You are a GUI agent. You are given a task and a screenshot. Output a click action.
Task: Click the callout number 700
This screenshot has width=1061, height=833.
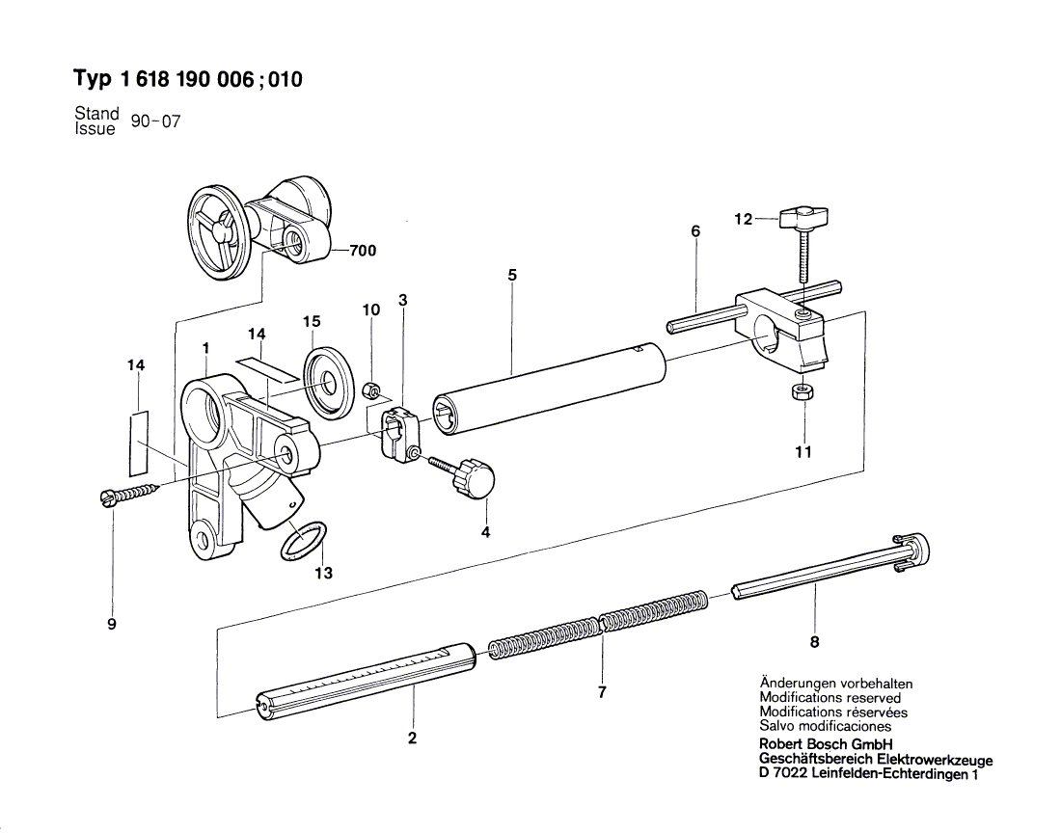pyautogui.click(x=363, y=252)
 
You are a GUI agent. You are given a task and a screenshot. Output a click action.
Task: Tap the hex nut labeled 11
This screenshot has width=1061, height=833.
pyautogui.click(x=800, y=391)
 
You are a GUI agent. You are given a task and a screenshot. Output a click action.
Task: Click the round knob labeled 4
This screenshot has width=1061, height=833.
pyautogui.click(x=476, y=478)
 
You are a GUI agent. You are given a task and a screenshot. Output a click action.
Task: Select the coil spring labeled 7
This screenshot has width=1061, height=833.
pyautogui.click(x=600, y=628)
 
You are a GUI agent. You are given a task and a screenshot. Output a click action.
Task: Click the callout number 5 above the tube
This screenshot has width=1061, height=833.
pyautogui.click(x=512, y=276)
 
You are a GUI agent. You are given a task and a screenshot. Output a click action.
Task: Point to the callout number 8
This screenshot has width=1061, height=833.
pyautogui.click(x=815, y=642)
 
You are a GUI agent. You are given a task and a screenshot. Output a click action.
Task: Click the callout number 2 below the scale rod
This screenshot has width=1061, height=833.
pyautogui.click(x=412, y=739)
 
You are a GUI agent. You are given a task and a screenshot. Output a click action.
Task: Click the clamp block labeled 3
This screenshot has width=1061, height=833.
pyautogui.click(x=398, y=433)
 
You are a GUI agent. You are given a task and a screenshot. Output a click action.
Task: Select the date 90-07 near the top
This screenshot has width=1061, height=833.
pyautogui.click(x=155, y=122)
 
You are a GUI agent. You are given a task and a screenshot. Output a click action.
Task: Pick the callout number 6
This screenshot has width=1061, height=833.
pyautogui.click(x=695, y=231)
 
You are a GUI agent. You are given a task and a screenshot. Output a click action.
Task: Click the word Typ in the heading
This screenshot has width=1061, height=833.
pyautogui.click(x=94, y=79)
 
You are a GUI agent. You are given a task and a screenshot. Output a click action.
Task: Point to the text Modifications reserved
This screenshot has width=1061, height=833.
pyautogui.click(x=830, y=697)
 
